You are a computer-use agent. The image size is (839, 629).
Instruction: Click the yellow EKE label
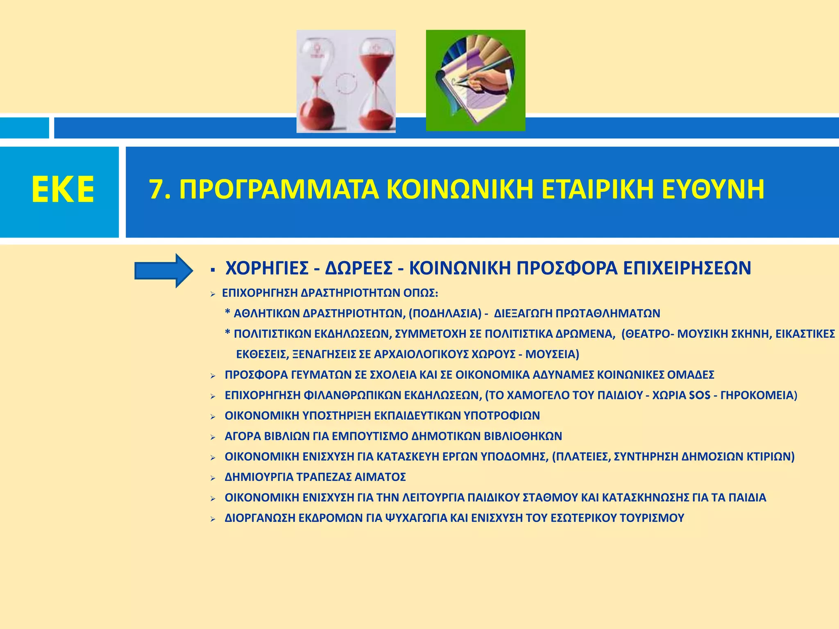[x=63, y=190]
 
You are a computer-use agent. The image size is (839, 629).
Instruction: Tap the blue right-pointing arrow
[x=164, y=271]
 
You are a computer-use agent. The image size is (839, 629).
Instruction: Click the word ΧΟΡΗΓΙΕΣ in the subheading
[x=267, y=269]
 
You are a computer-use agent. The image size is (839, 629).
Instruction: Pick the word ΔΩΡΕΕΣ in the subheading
[x=358, y=269]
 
